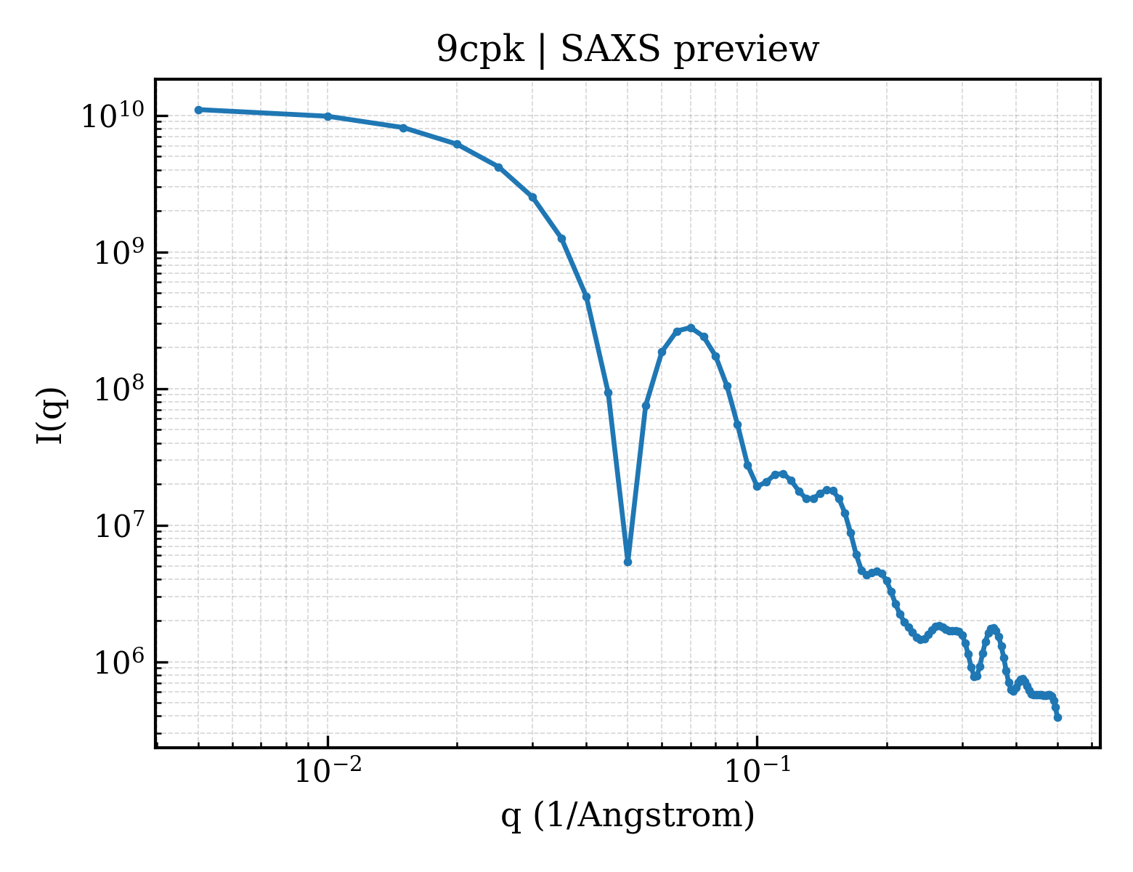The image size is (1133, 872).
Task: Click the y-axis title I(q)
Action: pos(51,415)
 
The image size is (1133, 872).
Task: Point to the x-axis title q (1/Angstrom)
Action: pos(628,815)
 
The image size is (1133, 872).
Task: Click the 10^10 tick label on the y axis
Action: pos(113,115)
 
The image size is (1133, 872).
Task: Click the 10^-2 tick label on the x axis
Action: pos(328,771)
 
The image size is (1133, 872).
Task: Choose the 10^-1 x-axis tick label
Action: pos(757,771)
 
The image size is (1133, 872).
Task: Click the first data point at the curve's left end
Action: pos(199,110)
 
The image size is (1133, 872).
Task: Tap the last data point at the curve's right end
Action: pos(1057,718)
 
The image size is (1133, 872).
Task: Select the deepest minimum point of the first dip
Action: pos(628,562)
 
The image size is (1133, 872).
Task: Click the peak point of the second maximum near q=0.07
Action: pos(691,328)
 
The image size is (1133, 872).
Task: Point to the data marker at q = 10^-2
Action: pos(328,116)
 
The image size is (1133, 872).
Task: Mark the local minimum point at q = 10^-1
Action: pos(757,487)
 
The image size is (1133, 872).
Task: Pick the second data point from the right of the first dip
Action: pos(662,352)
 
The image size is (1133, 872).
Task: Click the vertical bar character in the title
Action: pos(542,51)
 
